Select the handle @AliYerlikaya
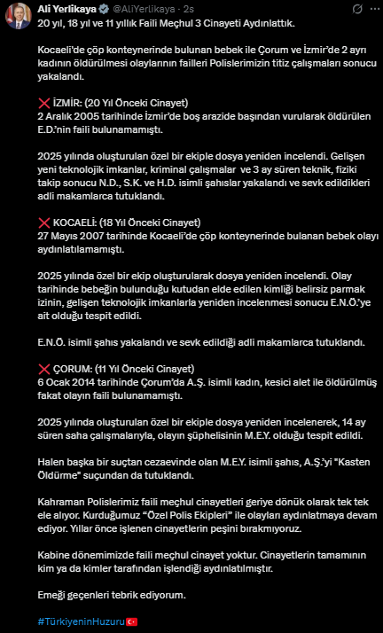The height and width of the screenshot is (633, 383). point(143,8)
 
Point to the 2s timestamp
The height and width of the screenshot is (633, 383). point(189,8)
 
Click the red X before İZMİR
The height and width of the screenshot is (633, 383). point(44,104)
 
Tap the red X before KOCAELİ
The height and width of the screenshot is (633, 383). point(44,222)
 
